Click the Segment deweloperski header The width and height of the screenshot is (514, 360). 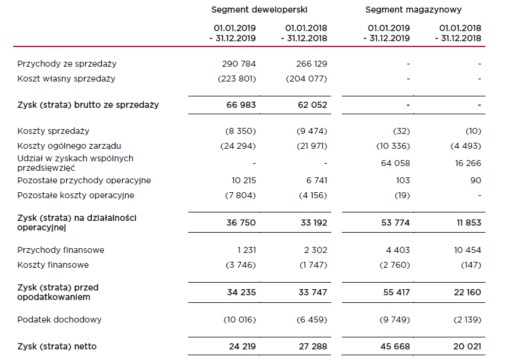coord(259,10)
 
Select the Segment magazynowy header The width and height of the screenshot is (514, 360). coord(413,10)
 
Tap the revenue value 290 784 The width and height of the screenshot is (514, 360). coord(239,64)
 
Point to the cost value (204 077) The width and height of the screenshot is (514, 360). coord(307,79)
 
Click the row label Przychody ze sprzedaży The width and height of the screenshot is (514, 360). coord(67,64)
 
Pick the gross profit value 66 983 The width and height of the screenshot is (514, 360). coord(241,105)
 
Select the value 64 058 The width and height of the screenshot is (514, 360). coord(395,163)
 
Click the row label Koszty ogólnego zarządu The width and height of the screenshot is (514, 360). coord(69,146)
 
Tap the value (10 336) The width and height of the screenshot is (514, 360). coord(393,146)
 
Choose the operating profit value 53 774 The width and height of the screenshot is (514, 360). coord(395,223)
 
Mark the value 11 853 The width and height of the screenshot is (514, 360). coord(469,223)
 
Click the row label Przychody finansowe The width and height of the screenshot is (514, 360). coord(61,250)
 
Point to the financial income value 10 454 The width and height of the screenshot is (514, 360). coord(468,250)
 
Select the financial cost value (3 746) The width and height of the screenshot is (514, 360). coord(241,265)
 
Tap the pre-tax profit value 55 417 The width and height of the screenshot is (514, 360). coord(396,292)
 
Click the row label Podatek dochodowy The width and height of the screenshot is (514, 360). coord(60,320)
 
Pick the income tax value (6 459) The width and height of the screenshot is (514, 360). coord(311,320)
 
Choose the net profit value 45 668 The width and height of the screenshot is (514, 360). coord(395,346)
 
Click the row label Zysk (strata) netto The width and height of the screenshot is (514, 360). coord(57,346)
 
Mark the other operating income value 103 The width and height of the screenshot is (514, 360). coord(403,180)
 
